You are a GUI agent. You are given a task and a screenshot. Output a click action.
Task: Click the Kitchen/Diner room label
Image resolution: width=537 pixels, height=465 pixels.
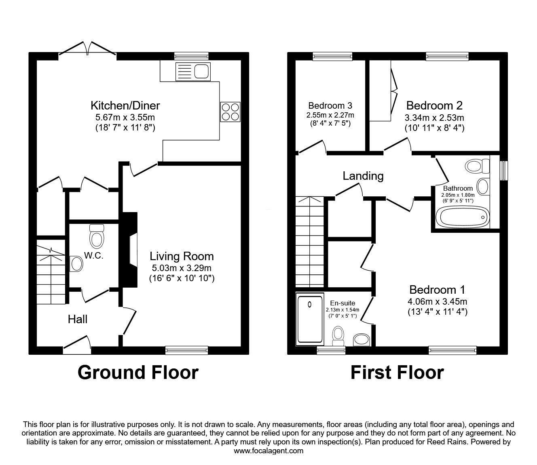125,106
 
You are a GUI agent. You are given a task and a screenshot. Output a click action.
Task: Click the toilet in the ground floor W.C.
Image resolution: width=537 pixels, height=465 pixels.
97,238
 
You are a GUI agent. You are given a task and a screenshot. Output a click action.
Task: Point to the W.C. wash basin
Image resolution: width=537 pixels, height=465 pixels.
76,264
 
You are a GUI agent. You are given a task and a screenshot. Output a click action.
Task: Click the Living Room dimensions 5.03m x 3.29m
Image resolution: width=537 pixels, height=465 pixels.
182,268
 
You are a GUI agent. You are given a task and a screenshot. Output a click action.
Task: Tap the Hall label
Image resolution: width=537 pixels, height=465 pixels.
77,320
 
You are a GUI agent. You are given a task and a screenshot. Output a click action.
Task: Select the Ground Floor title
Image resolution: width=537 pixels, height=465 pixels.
138,372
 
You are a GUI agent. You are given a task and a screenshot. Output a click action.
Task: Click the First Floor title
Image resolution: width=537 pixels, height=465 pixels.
397,372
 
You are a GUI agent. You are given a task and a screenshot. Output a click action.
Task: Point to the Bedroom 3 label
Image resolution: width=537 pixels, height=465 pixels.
330,106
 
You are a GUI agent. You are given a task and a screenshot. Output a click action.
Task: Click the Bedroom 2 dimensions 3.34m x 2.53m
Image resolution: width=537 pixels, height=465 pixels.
434,118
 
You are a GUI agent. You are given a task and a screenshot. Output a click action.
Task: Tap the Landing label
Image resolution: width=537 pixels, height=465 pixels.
363,176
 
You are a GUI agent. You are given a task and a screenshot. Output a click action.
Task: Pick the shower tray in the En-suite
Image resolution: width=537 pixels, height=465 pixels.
310,319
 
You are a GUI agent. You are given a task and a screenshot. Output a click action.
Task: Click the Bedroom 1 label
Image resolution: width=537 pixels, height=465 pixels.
437,290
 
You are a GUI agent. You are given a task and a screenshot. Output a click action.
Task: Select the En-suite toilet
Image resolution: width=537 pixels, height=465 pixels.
338,336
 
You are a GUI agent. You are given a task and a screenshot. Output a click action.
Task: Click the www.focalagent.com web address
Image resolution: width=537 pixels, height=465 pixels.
268,450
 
